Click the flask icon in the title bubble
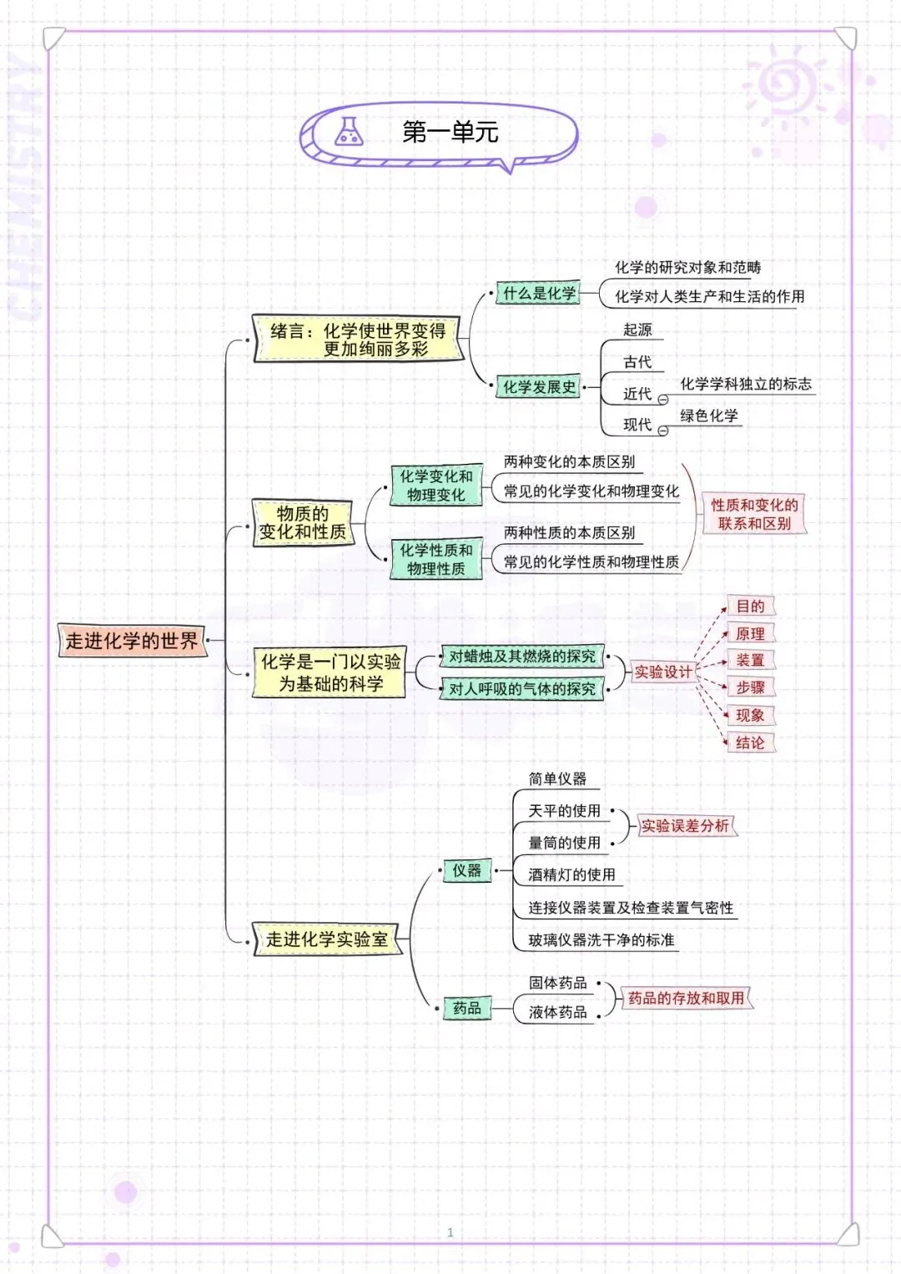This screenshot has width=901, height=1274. click(x=349, y=132)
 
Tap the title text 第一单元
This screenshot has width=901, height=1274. click(x=450, y=132)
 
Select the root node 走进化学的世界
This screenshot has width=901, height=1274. click(x=132, y=641)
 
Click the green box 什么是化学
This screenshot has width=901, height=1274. click(x=539, y=294)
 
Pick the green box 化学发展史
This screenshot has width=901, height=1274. click(x=539, y=387)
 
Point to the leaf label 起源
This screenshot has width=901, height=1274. click(x=637, y=330)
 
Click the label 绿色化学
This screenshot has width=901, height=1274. click(x=708, y=415)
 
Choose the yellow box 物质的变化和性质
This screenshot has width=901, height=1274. click(x=302, y=523)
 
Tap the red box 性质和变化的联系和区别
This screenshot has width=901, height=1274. click(x=754, y=514)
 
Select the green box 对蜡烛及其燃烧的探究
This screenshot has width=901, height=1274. click(x=522, y=657)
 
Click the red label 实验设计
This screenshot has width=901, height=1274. click(x=663, y=672)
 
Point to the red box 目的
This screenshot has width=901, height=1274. click(x=750, y=607)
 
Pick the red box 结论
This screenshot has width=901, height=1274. click(x=750, y=743)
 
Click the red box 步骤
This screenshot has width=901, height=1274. click(x=750, y=687)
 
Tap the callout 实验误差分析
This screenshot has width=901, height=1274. click(x=685, y=826)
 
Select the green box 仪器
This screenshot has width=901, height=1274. click(x=466, y=871)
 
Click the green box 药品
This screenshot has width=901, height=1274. click(x=466, y=1009)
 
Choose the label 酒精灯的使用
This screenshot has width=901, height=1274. click(x=571, y=874)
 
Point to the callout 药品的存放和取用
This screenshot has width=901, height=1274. click(x=686, y=998)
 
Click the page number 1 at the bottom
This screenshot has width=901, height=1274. click(x=450, y=1232)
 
